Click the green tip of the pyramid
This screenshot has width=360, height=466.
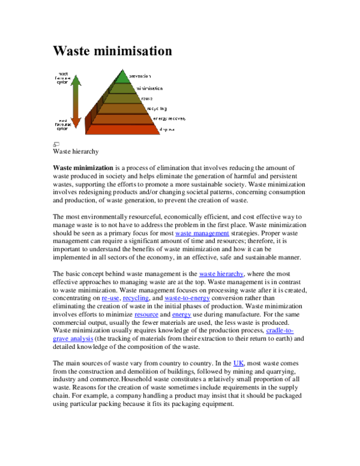click(122, 77)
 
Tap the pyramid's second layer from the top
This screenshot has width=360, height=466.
click(122, 88)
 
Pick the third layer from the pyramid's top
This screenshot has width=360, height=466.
click(122, 98)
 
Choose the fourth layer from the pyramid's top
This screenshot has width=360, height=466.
click(122, 109)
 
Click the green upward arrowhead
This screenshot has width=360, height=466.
click(76, 80)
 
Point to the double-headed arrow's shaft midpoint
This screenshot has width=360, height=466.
click(76, 101)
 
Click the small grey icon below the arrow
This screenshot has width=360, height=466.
click(56, 144)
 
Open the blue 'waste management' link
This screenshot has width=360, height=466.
click(202, 234)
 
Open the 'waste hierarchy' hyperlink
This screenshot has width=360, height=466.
click(221, 274)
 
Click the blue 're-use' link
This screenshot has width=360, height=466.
click(110, 298)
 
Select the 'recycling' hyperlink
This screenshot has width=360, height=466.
click(136, 298)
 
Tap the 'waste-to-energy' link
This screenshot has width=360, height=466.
click(187, 298)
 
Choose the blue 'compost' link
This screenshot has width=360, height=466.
click(146, 315)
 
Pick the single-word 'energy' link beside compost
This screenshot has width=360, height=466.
click(182, 315)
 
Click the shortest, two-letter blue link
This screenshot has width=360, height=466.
click(239, 363)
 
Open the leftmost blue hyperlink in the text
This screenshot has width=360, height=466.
click(73, 339)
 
